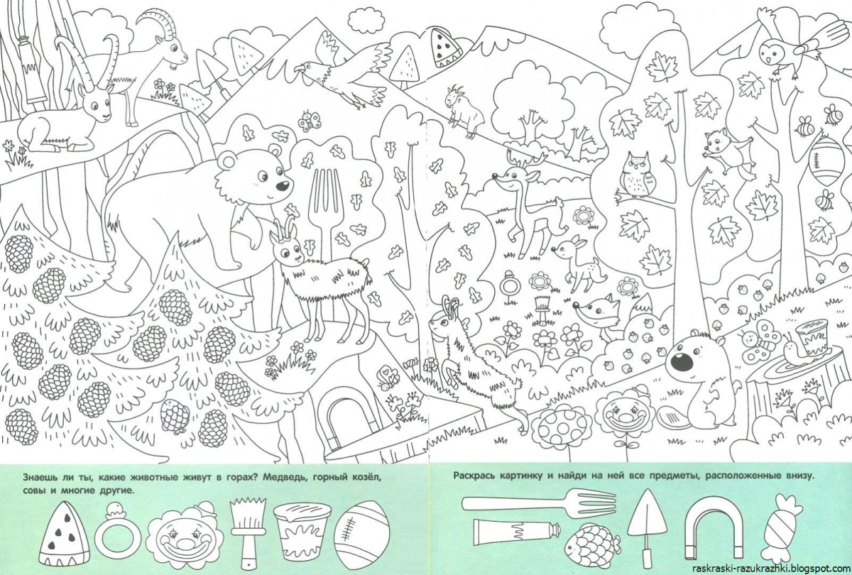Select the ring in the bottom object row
click(118, 536)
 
